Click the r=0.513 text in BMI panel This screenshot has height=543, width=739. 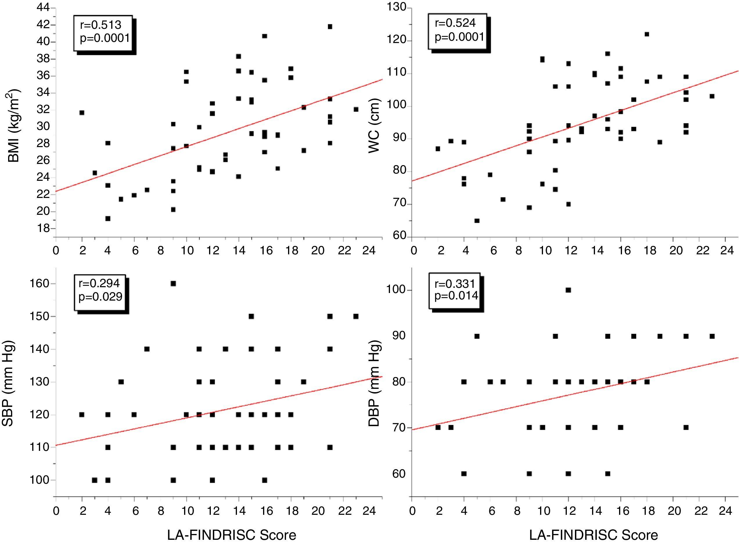point(100,25)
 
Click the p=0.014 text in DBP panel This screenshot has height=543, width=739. point(456,296)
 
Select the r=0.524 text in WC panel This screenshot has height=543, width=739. point(455,23)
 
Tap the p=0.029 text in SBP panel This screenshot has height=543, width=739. point(100,297)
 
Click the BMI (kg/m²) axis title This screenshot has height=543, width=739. point(13,126)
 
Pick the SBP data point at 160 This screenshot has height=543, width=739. point(173,284)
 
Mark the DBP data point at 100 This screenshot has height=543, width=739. point(568,290)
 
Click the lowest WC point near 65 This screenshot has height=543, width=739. point(477,221)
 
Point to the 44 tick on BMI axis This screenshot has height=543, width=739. point(43,8)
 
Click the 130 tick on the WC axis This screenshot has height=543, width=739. point(397,8)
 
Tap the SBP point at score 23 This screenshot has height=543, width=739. point(356,316)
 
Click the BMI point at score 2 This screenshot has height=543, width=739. point(82,113)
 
